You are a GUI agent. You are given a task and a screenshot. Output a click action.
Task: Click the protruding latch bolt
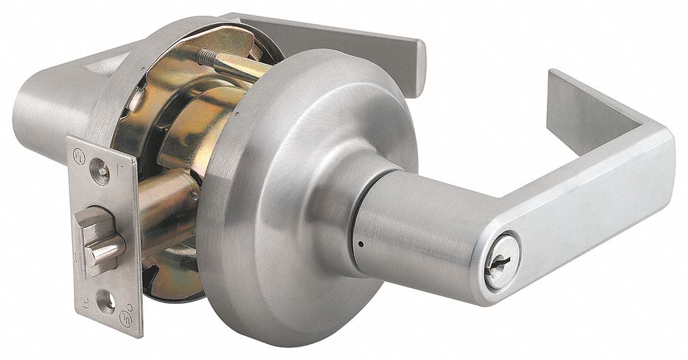click(101, 247)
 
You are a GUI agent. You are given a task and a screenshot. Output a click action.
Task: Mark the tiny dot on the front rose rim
click(235, 115)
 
